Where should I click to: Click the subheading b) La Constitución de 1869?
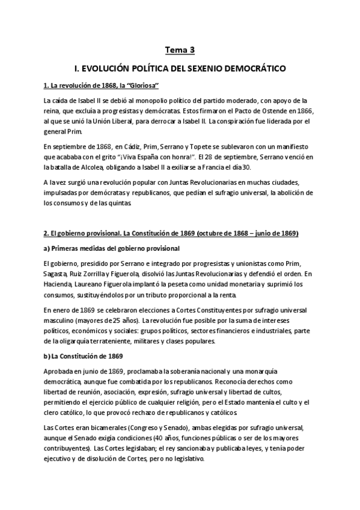pos(84,355)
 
